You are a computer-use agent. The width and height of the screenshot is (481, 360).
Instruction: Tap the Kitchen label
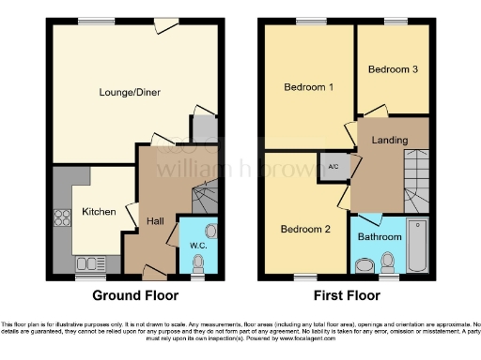(x=98, y=212)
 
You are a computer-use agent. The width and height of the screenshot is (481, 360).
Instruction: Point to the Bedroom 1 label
(x=309, y=87)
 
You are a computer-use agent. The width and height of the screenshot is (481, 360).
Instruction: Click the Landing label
(x=389, y=141)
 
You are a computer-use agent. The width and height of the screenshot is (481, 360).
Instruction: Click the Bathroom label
(x=379, y=237)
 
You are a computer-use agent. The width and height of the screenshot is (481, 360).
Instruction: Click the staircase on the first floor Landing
(x=413, y=186)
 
